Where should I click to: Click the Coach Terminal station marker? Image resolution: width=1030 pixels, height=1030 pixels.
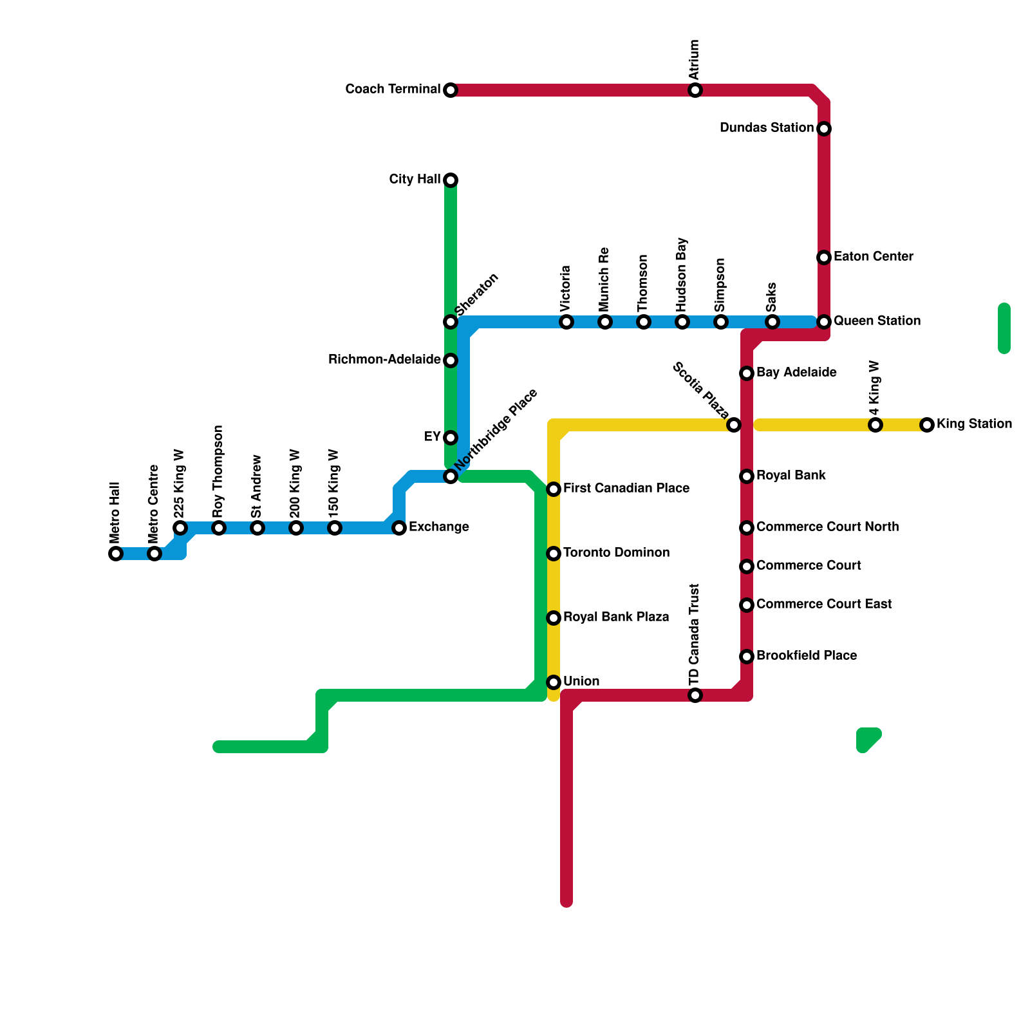click(x=451, y=90)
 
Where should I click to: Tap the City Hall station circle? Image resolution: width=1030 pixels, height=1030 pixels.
click(x=451, y=180)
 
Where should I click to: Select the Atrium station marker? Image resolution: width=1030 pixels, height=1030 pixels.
click(x=695, y=90)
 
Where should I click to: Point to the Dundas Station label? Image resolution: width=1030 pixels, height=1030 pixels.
click(x=766, y=128)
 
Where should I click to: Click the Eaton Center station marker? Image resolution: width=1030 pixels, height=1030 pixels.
click(x=824, y=257)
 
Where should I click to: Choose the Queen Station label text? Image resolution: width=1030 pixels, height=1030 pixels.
click(x=877, y=321)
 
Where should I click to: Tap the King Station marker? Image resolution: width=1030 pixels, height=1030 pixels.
click(x=927, y=425)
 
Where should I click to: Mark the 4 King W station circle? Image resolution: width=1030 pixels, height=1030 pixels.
click(x=876, y=425)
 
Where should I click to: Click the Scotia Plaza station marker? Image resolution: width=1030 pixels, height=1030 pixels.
click(x=734, y=425)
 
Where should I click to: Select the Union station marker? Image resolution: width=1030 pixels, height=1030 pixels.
click(x=554, y=682)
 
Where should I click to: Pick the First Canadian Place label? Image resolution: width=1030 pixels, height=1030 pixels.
click(x=626, y=489)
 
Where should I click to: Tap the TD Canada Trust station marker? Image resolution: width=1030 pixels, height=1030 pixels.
click(x=695, y=695)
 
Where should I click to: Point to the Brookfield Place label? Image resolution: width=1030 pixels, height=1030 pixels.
click(x=807, y=656)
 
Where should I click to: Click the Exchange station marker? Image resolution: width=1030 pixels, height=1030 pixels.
click(x=399, y=528)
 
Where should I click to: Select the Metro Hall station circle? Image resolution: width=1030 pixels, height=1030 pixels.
click(x=116, y=554)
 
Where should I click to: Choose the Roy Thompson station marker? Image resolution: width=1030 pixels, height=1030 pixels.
click(x=219, y=528)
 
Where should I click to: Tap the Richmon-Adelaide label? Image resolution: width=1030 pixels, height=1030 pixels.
click(x=384, y=360)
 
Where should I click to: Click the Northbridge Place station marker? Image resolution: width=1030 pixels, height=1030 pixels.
click(x=451, y=476)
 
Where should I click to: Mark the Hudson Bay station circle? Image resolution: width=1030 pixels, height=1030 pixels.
click(x=682, y=322)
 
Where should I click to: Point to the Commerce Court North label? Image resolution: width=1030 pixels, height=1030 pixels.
click(x=827, y=527)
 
